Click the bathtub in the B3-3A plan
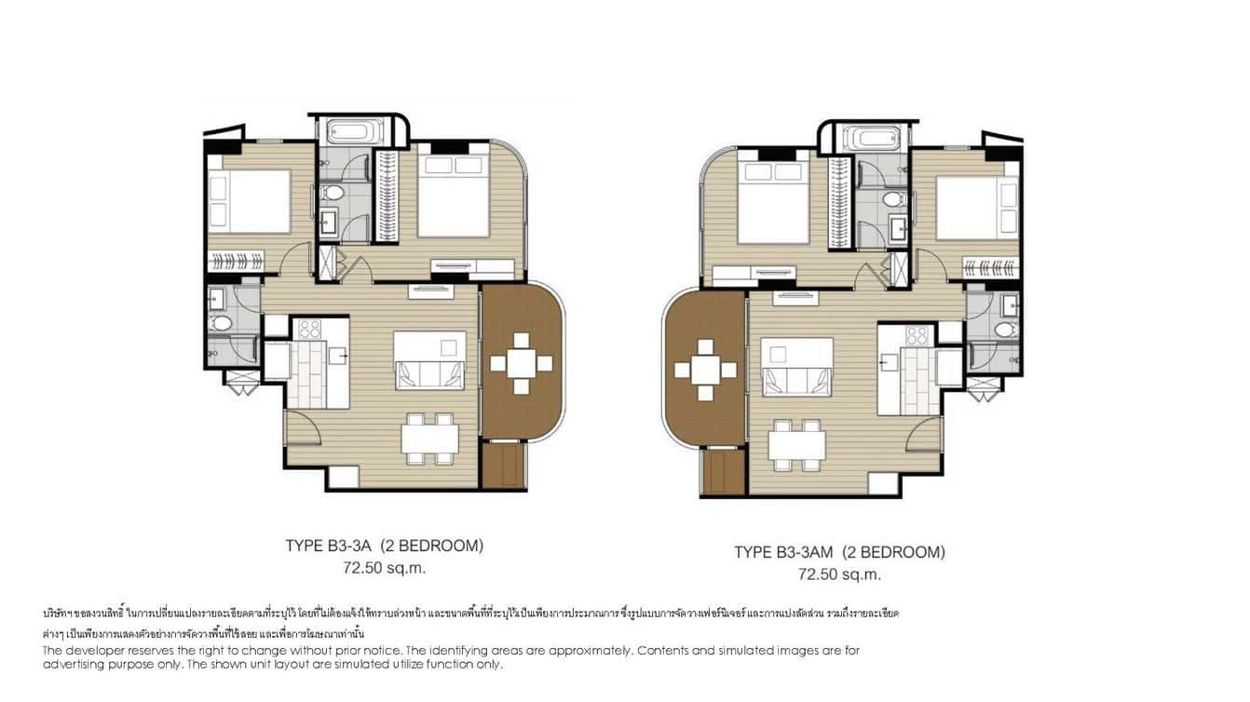click(348, 131)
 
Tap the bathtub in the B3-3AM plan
click(871, 139)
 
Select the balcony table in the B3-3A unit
click(522, 363)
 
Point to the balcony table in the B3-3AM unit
click(705, 371)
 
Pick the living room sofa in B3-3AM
click(797, 380)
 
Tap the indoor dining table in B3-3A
click(429, 438)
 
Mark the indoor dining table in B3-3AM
click(796, 444)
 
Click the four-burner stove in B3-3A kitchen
click(309, 329)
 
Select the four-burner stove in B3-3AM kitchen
click(917, 335)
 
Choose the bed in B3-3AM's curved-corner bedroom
click(774, 204)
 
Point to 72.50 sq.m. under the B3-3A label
click(384, 567)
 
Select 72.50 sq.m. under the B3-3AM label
click(838, 574)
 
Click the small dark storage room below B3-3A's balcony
click(504, 465)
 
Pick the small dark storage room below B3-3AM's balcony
click(724, 472)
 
